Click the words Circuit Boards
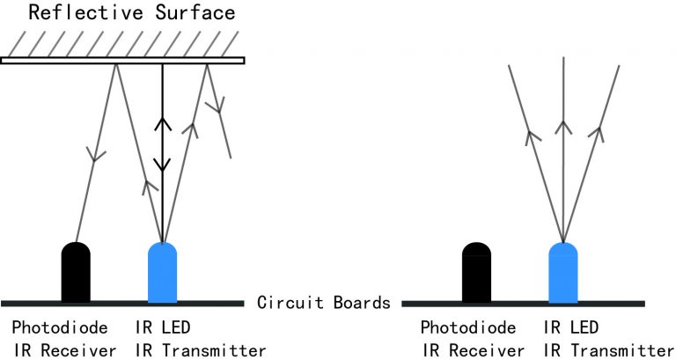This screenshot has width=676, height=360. click(323, 303)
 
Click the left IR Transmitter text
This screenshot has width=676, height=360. click(201, 350)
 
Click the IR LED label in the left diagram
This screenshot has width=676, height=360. click(167, 327)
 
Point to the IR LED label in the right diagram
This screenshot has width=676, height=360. click(576, 327)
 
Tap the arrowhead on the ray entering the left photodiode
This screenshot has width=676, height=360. click(95, 155)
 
